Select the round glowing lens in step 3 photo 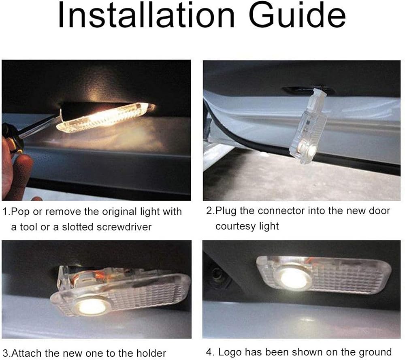tap(92, 307)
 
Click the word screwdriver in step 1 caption tap(124, 227)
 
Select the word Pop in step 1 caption tap(21, 212)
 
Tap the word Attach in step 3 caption tap(27, 353)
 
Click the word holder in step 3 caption tap(151, 353)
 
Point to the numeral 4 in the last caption tap(209, 352)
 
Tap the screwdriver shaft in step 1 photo tap(39, 128)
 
